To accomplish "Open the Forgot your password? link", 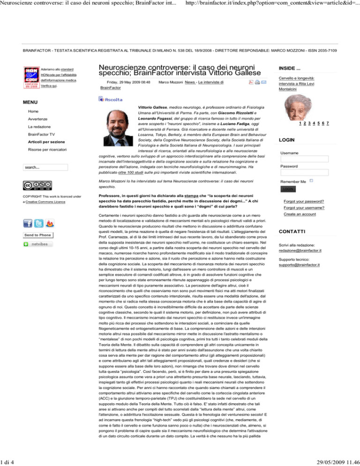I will [304, 202].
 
